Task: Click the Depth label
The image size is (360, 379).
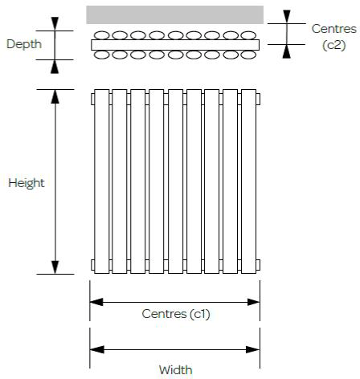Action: click(x=24, y=44)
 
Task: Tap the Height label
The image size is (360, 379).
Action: click(x=27, y=184)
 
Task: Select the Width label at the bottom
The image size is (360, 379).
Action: click(x=175, y=370)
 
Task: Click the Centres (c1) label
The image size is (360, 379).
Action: click(x=176, y=314)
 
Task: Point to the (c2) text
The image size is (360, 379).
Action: click(x=334, y=45)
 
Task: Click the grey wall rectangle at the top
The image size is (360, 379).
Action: click(x=174, y=14)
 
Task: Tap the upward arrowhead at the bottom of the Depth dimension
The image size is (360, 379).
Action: click(x=55, y=67)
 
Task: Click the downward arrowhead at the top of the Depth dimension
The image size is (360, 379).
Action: click(x=55, y=23)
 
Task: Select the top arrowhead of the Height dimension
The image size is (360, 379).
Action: click(x=55, y=96)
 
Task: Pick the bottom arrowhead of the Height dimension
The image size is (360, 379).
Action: click(x=55, y=267)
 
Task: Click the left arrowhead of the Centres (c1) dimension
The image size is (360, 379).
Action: click(x=96, y=302)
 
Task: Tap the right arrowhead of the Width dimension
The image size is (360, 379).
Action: click(x=253, y=349)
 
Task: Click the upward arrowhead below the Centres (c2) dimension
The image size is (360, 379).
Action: click(x=287, y=51)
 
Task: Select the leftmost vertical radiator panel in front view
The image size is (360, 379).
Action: click(x=102, y=181)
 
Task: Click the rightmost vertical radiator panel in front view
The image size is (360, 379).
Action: click(x=248, y=181)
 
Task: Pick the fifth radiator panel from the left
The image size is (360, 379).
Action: click(x=176, y=181)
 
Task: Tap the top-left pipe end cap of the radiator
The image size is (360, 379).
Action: click(x=92, y=99)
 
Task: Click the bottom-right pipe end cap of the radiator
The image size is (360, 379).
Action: click(x=258, y=265)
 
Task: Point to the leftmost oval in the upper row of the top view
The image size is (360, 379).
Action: click(x=102, y=35)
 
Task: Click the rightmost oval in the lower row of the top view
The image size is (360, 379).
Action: click(x=248, y=55)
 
